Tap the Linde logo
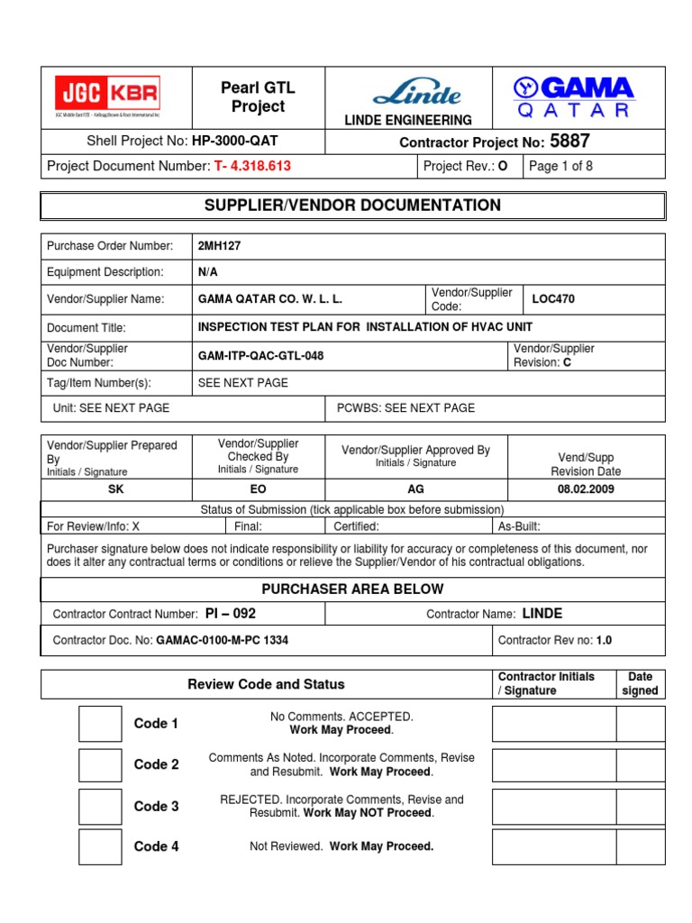[x=416, y=93]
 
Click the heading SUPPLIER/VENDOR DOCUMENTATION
[x=352, y=206]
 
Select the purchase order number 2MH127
[x=219, y=246]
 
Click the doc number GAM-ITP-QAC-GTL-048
[x=260, y=356]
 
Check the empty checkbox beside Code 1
[x=99, y=724]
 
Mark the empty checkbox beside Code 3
[x=99, y=807]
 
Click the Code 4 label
[x=156, y=846]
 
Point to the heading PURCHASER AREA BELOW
[x=352, y=589]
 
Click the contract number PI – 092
[x=230, y=614]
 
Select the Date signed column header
[x=640, y=683]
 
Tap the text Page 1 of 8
[x=560, y=166]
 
